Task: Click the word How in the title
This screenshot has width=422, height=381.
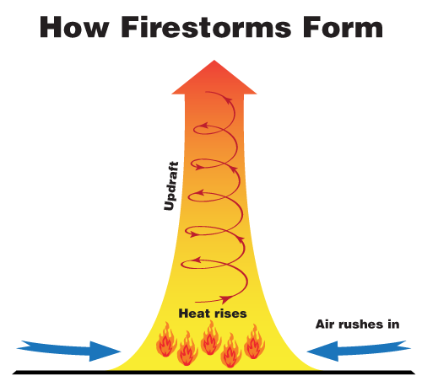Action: pos(74,27)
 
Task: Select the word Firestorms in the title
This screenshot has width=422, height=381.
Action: pos(206,27)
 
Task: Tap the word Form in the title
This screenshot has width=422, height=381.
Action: pos(343,27)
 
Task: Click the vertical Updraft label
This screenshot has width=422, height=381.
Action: pos(171,186)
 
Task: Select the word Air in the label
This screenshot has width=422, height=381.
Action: pos(324,325)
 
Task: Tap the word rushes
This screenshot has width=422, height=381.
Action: pos(360,325)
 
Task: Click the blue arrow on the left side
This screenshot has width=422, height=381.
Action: pos(69,351)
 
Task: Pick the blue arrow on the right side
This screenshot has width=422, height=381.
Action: pos(359,351)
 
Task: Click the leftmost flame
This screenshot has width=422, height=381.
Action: pos(166,340)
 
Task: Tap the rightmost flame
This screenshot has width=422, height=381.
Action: pos(255,342)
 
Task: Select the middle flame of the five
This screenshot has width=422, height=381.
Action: pos(211,338)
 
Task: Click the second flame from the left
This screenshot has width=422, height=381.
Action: pos(187,348)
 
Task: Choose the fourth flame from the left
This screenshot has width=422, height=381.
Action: pos(230,351)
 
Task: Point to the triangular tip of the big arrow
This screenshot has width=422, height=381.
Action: pos(214,61)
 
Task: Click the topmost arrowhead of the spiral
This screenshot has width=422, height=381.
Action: pos(228,100)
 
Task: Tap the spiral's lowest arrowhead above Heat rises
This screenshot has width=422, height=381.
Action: pos(226,299)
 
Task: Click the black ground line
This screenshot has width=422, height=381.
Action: pos(214,373)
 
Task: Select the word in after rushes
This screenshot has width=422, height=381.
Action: pos(393,325)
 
